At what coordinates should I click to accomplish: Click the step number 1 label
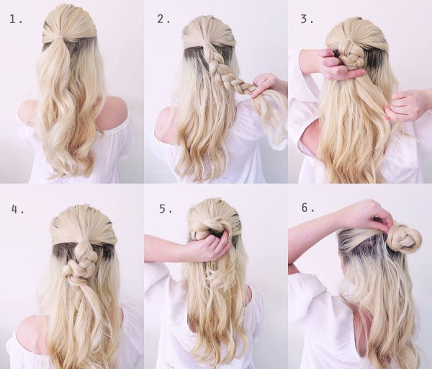[x=17, y=19]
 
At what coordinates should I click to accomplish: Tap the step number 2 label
[x=163, y=19]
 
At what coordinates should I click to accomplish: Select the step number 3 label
[x=307, y=19]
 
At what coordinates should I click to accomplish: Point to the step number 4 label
[x=17, y=209]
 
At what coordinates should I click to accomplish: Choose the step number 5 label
[x=166, y=209]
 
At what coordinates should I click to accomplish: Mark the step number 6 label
[x=308, y=208]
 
